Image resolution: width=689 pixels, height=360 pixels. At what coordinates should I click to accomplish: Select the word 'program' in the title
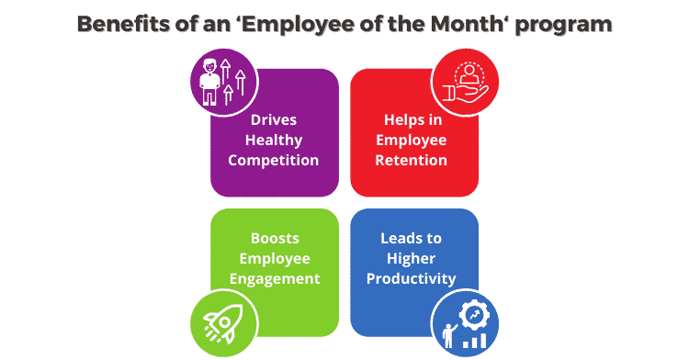coord(569,24)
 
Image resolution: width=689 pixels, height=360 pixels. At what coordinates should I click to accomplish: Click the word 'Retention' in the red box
coord(414,161)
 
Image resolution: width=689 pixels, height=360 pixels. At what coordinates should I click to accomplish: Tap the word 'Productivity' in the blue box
coord(414,278)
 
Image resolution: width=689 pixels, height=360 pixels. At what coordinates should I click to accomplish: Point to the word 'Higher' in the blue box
coord(414,258)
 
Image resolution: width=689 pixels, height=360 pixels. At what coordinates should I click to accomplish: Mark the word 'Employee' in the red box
coord(414,141)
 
